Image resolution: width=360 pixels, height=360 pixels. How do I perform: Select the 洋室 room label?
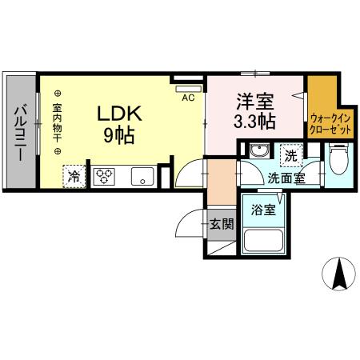[254, 102]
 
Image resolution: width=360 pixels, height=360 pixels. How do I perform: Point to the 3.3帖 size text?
[254, 122]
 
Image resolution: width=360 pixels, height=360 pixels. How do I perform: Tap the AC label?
[188, 98]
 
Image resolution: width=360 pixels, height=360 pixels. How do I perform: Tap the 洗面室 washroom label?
[285, 178]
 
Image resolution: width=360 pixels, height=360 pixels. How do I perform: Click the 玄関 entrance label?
[222, 223]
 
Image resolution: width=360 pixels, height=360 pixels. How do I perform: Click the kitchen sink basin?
[143, 175]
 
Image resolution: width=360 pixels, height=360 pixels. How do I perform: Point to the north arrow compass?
[339, 275]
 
